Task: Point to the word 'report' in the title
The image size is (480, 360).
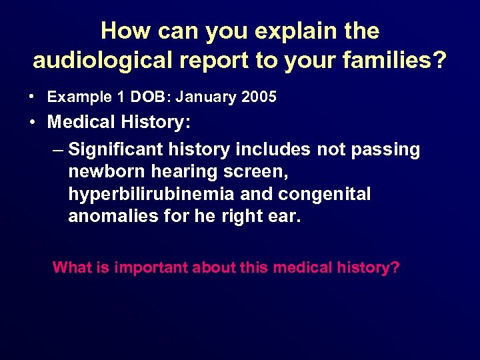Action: [x=223, y=60]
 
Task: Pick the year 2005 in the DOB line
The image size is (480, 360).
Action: [x=259, y=97]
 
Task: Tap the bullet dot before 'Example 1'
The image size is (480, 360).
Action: [x=32, y=97]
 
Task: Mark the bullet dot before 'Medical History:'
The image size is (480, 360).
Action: [x=33, y=123]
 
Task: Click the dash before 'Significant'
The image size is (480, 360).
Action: [x=58, y=149]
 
